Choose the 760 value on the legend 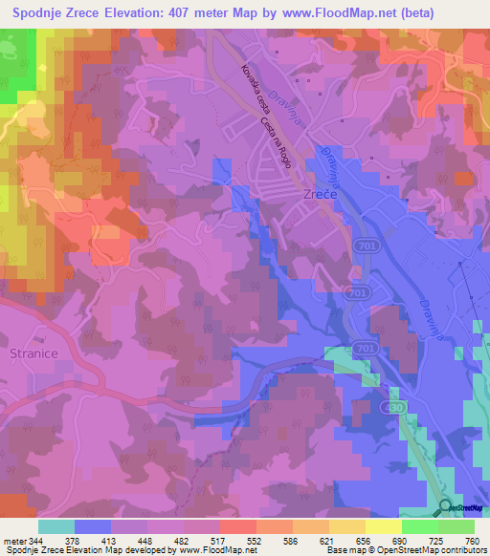point(471,541)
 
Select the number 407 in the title point(170,13)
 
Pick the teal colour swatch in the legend point(56,526)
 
